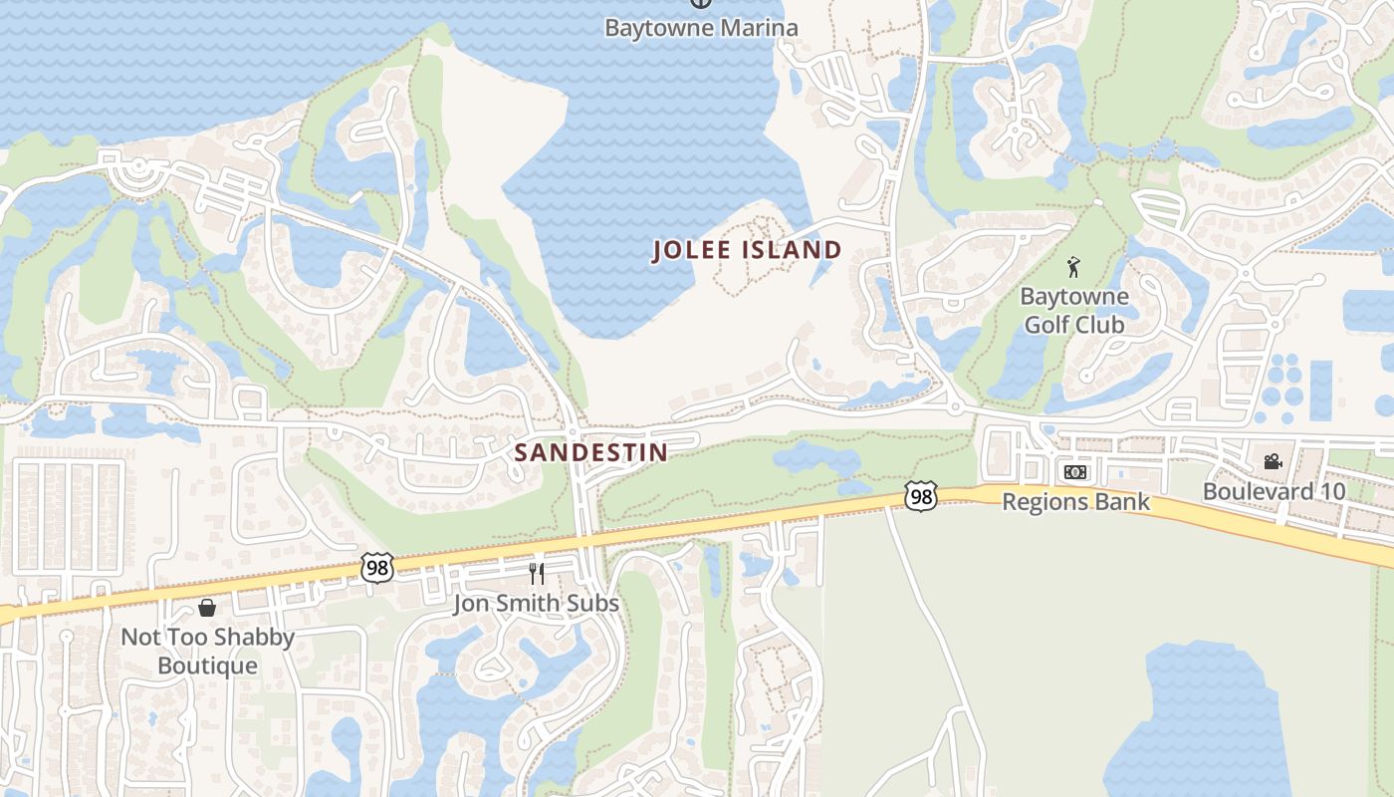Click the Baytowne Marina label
pos(701,27)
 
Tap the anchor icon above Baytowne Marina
pos(701,3)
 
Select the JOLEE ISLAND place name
pos(747,250)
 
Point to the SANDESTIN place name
pos(590,452)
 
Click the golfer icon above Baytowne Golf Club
pos(1073,267)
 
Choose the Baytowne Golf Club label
pos(1074,310)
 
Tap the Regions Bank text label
pos(1075,502)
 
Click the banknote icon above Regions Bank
pos(1075,472)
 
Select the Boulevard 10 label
pos(1274,491)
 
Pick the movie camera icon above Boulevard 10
pos(1273,461)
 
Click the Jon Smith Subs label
pos(536,604)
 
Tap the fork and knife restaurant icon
pos(536,574)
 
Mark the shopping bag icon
pos(207,607)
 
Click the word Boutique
pos(208,665)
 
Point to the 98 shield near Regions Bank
pos(921,495)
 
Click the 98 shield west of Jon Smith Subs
pos(378,568)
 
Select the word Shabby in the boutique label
pos(254,638)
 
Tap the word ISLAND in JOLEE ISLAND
pos(791,250)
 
